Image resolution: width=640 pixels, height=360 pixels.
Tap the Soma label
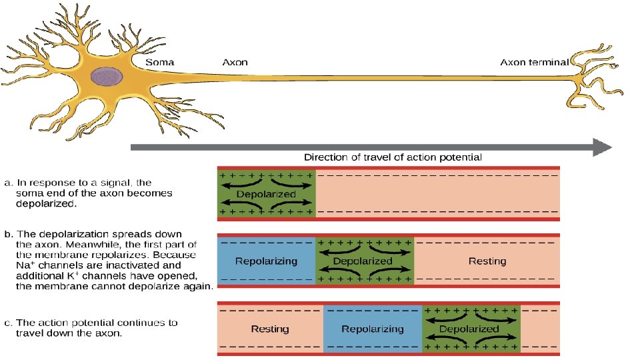pyautogui.click(x=160, y=62)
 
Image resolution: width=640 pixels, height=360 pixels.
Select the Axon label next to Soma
pyautogui.click(x=235, y=62)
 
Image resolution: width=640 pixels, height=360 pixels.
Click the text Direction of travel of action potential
pyautogui.click(x=393, y=157)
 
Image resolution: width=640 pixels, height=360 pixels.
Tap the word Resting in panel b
pyautogui.click(x=487, y=261)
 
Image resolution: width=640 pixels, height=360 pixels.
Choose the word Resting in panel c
pyautogui.click(x=270, y=329)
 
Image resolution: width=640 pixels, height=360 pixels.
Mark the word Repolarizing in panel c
pyautogui.click(x=373, y=329)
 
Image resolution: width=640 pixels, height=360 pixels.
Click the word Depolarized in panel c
pyautogui.click(x=469, y=329)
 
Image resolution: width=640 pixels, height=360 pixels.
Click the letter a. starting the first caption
pyautogui.click(x=7, y=182)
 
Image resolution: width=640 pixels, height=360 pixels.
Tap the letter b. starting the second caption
pyautogui.click(x=7, y=235)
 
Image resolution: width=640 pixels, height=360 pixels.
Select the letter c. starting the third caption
pyautogui.click(x=7, y=323)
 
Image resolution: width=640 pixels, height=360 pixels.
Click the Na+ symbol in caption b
pyautogui.click(x=23, y=266)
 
